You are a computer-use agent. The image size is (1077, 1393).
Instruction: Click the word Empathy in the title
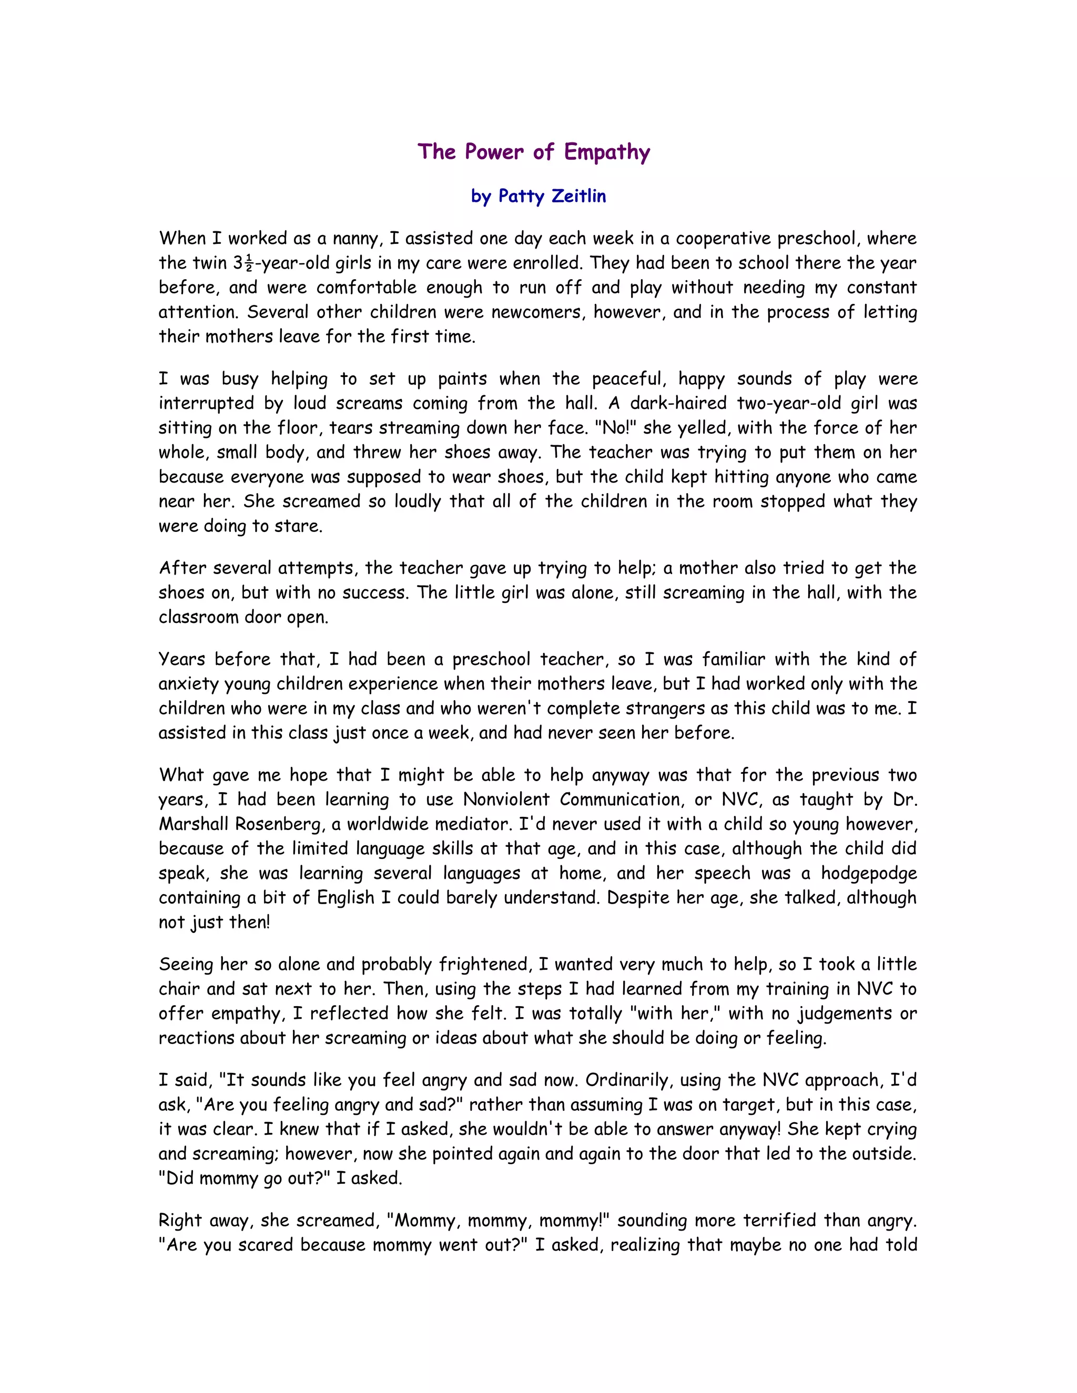(x=607, y=152)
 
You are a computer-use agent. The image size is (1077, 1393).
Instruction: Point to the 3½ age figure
(x=243, y=263)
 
